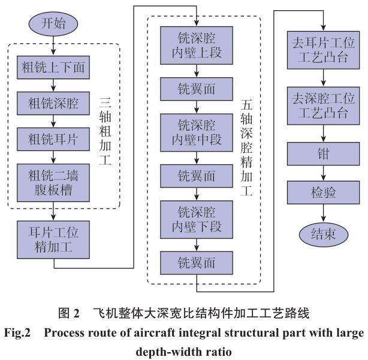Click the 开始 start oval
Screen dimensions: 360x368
(54, 24)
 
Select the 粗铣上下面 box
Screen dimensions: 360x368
(54, 68)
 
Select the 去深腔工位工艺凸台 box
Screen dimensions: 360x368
(324, 103)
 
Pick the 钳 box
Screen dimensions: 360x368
(324, 153)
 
